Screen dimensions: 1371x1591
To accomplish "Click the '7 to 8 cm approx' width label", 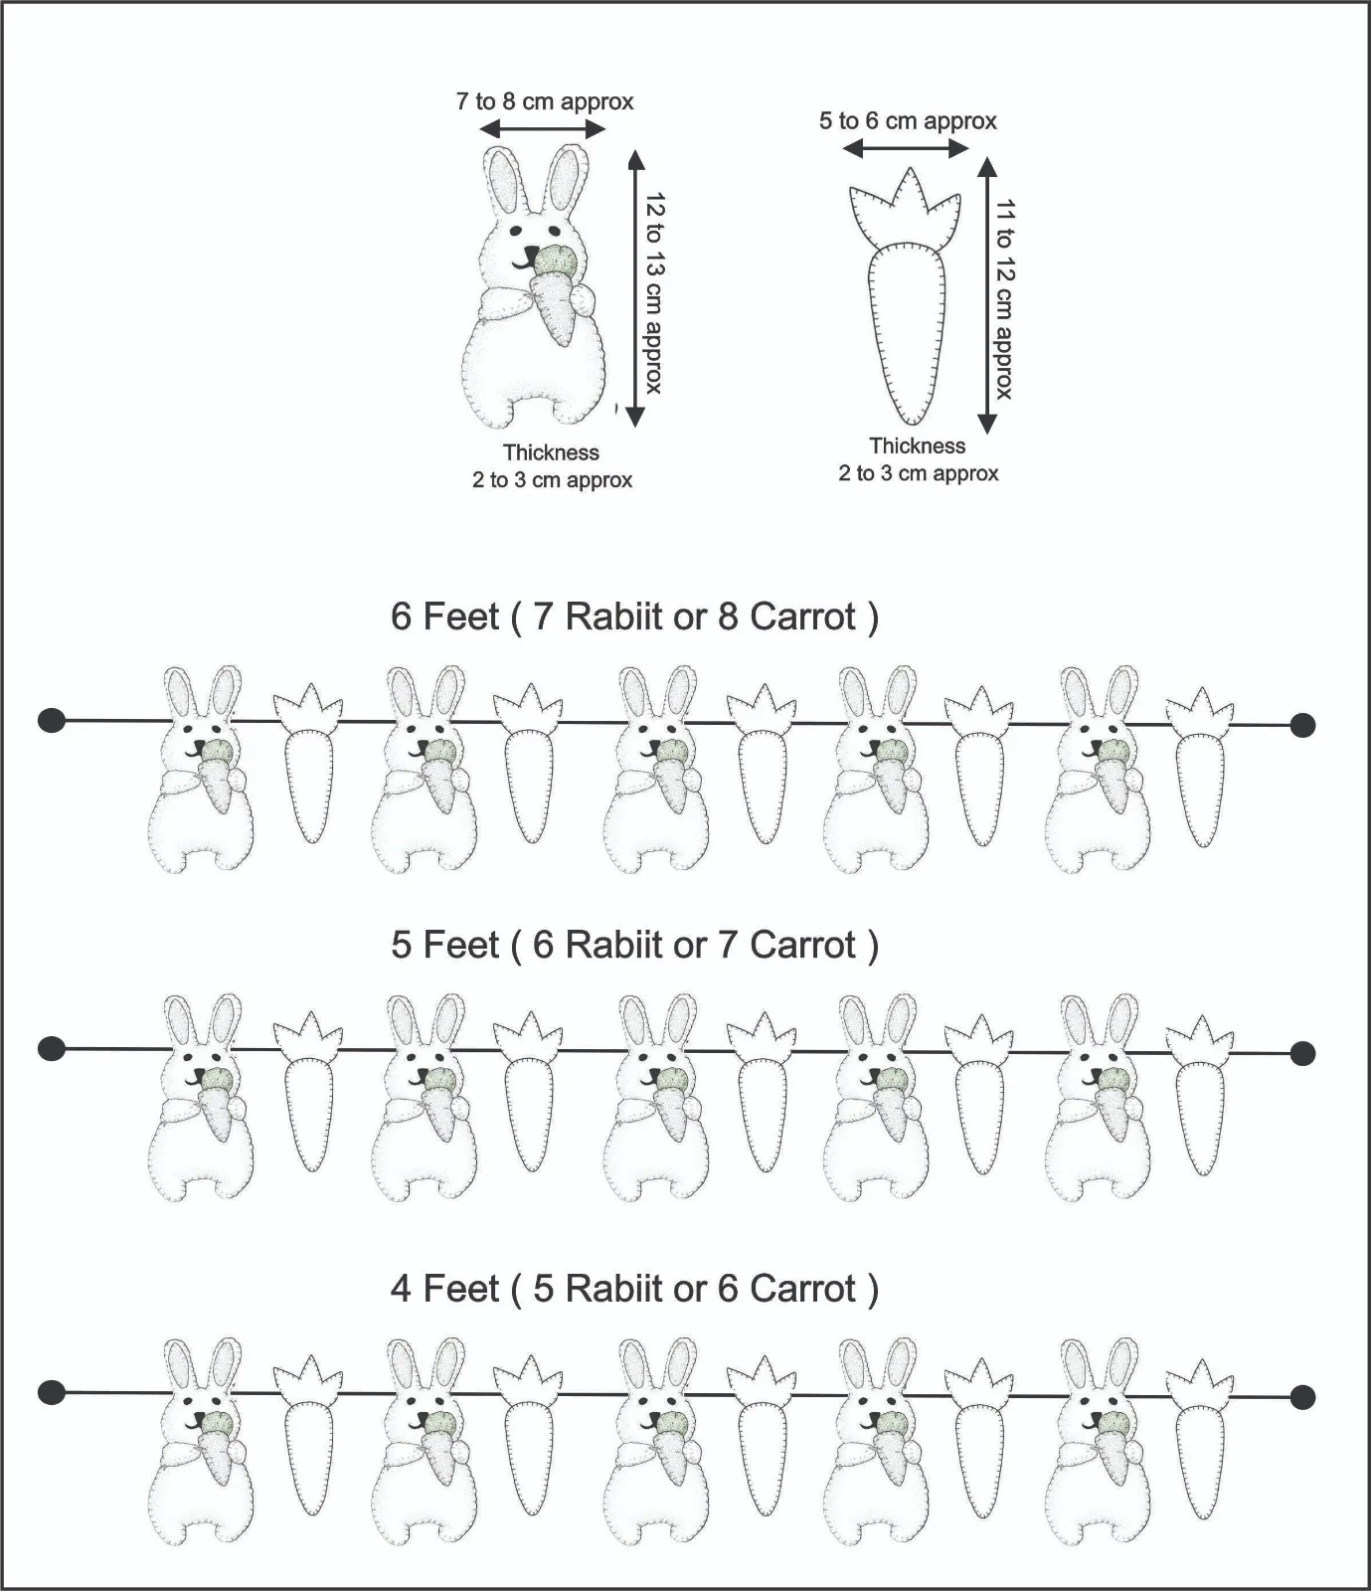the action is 545,101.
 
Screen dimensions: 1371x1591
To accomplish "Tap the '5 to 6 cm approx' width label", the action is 908,121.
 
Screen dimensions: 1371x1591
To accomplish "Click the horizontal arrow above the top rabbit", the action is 542,129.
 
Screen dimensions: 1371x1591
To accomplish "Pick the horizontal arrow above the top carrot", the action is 905,149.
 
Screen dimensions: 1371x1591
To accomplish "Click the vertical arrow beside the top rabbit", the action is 635,287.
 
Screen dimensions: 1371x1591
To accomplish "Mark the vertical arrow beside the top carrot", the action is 986,295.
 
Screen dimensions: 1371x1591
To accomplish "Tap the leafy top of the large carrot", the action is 905,208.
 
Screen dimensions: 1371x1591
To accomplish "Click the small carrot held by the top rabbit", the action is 555,294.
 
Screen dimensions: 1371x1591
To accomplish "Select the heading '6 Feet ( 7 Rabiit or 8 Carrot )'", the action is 634,618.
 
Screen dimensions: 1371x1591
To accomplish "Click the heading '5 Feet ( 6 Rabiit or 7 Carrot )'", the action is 634,945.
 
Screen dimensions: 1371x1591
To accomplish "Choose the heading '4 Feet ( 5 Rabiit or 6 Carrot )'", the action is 634,1289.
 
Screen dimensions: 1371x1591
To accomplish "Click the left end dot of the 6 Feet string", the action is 52,720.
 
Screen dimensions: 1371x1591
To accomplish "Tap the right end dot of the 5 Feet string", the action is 1302,1053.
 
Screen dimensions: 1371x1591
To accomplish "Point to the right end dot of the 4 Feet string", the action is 1302,1398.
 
